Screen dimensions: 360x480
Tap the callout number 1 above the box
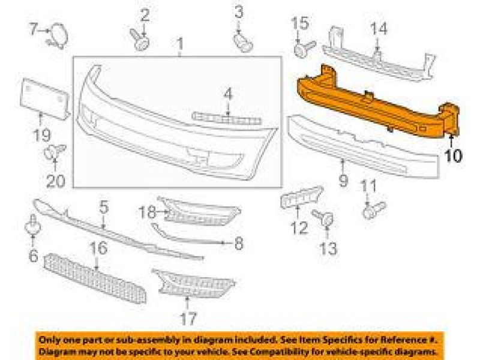[x=179, y=44]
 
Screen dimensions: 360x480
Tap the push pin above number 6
[x=32, y=227]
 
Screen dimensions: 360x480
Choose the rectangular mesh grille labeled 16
[x=96, y=276]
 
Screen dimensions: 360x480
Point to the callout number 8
[x=238, y=243]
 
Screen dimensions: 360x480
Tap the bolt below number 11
[x=373, y=209]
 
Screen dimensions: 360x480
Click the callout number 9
[x=343, y=179]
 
